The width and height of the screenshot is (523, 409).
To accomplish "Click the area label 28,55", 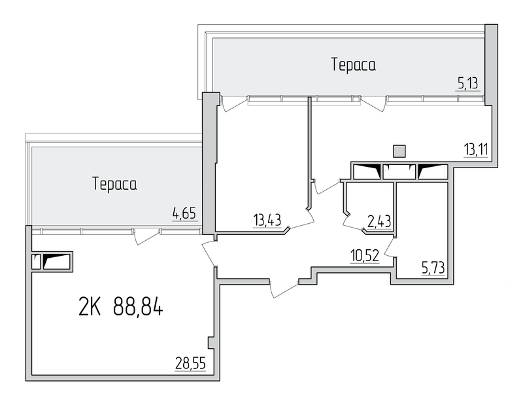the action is pos(190,363).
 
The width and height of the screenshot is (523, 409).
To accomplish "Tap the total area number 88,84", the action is pos(138,307).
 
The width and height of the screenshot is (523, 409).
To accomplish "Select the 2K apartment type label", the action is pos(90,307).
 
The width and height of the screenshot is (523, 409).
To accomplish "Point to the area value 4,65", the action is pos(184,213).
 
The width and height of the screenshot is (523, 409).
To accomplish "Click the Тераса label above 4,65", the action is pos(114,184).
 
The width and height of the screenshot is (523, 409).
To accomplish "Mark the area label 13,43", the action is pos(267,221).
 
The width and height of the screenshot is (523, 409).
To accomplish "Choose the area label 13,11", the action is pos(476,150).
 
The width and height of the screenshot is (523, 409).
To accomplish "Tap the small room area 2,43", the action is pos(379,221).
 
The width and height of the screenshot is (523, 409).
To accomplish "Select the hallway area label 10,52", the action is pos(365,256).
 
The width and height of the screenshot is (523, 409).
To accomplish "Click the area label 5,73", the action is pos(433,268).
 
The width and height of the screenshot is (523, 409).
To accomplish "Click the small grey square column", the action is pos(399,151).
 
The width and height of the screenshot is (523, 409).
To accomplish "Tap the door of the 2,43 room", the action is pos(353,222).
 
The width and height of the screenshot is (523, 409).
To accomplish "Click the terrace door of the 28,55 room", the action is pos(146,237).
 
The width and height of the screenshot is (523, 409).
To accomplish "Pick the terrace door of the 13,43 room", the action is pos(234,103).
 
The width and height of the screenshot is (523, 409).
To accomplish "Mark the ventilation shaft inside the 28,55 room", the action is pos(52,261).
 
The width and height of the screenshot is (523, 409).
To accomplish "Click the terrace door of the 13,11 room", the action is pos(375,103).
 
